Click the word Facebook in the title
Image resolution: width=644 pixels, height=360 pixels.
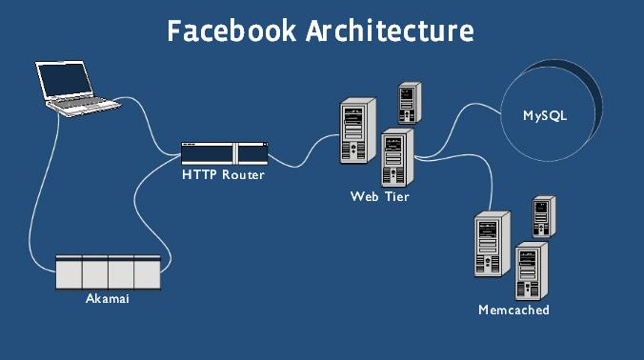[x=232, y=30]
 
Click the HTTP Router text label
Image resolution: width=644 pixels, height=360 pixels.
[x=223, y=175]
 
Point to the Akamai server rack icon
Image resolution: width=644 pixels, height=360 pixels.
[x=107, y=271]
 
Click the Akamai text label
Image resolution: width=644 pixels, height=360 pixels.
[x=107, y=299]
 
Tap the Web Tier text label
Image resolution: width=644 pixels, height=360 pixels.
[x=379, y=196]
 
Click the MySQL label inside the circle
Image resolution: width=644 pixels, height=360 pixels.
[x=545, y=115]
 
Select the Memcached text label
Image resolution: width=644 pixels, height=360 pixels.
[x=513, y=310]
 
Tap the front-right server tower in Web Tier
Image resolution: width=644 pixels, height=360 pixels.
[x=394, y=158]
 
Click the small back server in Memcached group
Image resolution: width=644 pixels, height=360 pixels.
[x=544, y=216]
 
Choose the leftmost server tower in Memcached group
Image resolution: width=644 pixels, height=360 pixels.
[x=489, y=245]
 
